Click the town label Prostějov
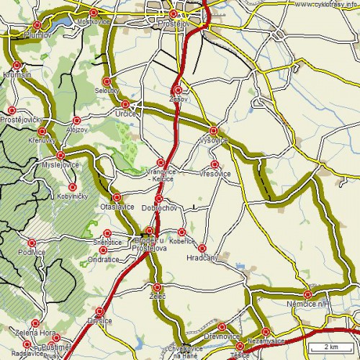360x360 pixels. [x=173, y=24]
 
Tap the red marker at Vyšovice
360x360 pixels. [x=213, y=130]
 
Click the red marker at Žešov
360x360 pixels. [x=179, y=90]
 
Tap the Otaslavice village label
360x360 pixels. [x=117, y=207]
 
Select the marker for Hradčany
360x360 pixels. [x=202, y=248]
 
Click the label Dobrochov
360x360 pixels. [x=159, y=207]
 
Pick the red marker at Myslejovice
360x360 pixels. [x=61, y=155]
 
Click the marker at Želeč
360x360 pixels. [x=157, y=287]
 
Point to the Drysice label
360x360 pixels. [x=100, y=320]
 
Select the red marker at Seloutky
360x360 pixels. [x=107, y=81]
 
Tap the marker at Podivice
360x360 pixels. [x=32, y=243]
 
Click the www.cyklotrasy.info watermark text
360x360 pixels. [x=326, y=4]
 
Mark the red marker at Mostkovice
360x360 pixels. [x=94, y=13]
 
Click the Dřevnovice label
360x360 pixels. [x=222, y=336]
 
